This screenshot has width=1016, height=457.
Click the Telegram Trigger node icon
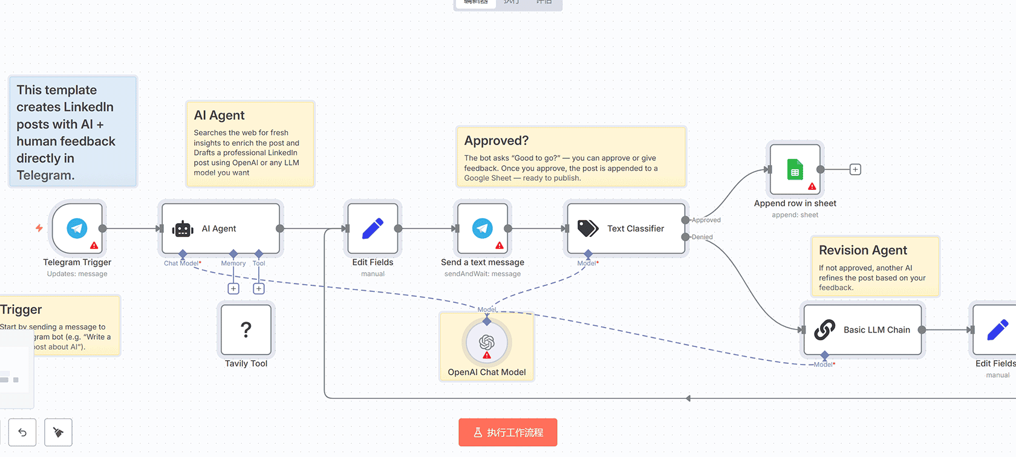(77, 228)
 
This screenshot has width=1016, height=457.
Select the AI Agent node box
(220, 228)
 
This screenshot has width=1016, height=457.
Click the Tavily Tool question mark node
(246, 329)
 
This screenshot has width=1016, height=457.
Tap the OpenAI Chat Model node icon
(487, 342)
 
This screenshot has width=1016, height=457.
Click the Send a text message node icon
(483, 228)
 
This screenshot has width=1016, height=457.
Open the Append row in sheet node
(795, 170)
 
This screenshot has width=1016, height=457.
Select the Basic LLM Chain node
(862, 330)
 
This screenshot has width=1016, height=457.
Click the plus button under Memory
(233, 289)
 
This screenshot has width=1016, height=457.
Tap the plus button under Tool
(259, 289)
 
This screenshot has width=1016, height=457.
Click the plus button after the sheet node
(855, 170)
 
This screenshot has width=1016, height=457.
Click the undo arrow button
(22, 432)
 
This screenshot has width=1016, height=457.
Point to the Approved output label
(706, 220)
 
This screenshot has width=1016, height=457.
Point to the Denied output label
(702, 237)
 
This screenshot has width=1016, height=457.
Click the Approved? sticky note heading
(497, 141)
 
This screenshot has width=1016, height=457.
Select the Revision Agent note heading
(862, 250)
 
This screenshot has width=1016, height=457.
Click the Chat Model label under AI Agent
(181, 264)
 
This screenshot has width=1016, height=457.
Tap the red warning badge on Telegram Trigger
(94, 245)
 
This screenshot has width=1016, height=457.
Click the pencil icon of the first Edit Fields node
(373, 228)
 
